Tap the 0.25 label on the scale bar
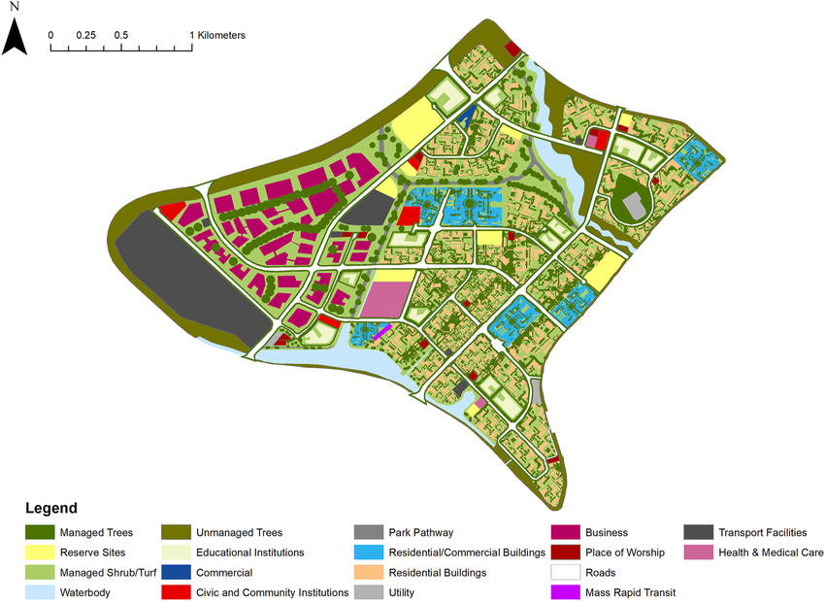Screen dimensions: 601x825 pos(86,35)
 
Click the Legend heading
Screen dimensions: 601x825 pos(51,509)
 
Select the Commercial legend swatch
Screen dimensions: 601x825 pos(178,573)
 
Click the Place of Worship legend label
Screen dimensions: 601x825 pos(625,552)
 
